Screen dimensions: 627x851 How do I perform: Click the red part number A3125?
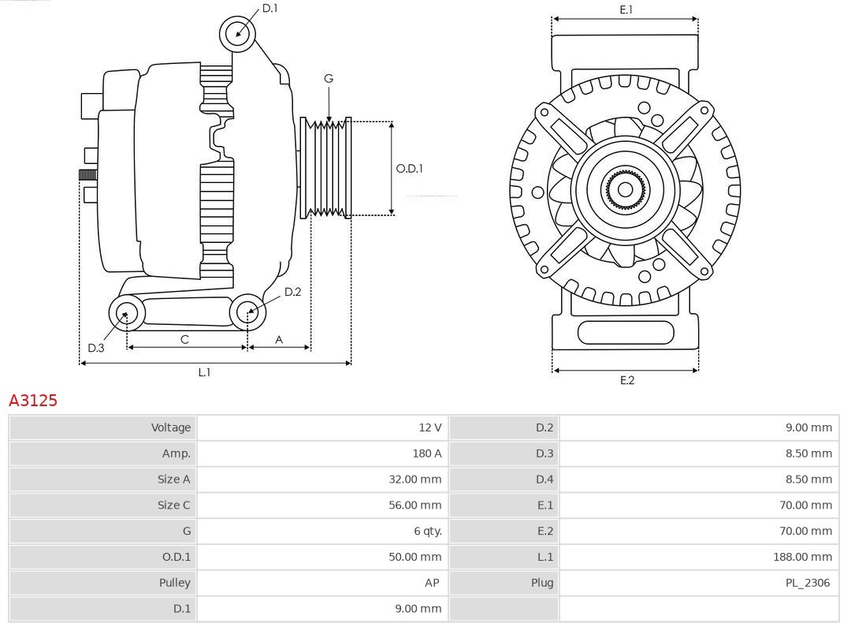[33, 401]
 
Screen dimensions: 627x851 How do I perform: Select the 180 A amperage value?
[426, 453]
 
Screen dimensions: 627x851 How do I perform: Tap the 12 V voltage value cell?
[429, 427]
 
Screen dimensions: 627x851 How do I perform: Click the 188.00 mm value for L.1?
[802, 557]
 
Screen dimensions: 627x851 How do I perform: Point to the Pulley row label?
[174, 583]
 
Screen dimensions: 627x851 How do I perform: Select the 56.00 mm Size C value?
[414, 505]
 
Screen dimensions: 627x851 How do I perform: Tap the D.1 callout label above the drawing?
[269, 8]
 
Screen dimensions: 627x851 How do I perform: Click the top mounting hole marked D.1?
[237, 33]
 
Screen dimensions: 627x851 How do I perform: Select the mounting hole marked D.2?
[247, 312]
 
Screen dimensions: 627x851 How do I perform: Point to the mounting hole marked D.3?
[125, 313]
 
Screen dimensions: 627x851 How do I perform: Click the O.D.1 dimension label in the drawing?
[409, 169]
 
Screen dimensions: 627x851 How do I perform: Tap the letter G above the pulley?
[329, 78]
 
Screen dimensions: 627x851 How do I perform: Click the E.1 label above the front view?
[626, 9]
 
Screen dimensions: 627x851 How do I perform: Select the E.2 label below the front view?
[626, 380]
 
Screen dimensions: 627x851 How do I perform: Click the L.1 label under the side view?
[204, 372]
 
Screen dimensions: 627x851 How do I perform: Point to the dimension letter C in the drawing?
[184, 339]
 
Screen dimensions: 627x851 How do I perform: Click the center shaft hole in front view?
[625, 189]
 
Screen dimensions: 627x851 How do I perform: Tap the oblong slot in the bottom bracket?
[626, 332]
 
